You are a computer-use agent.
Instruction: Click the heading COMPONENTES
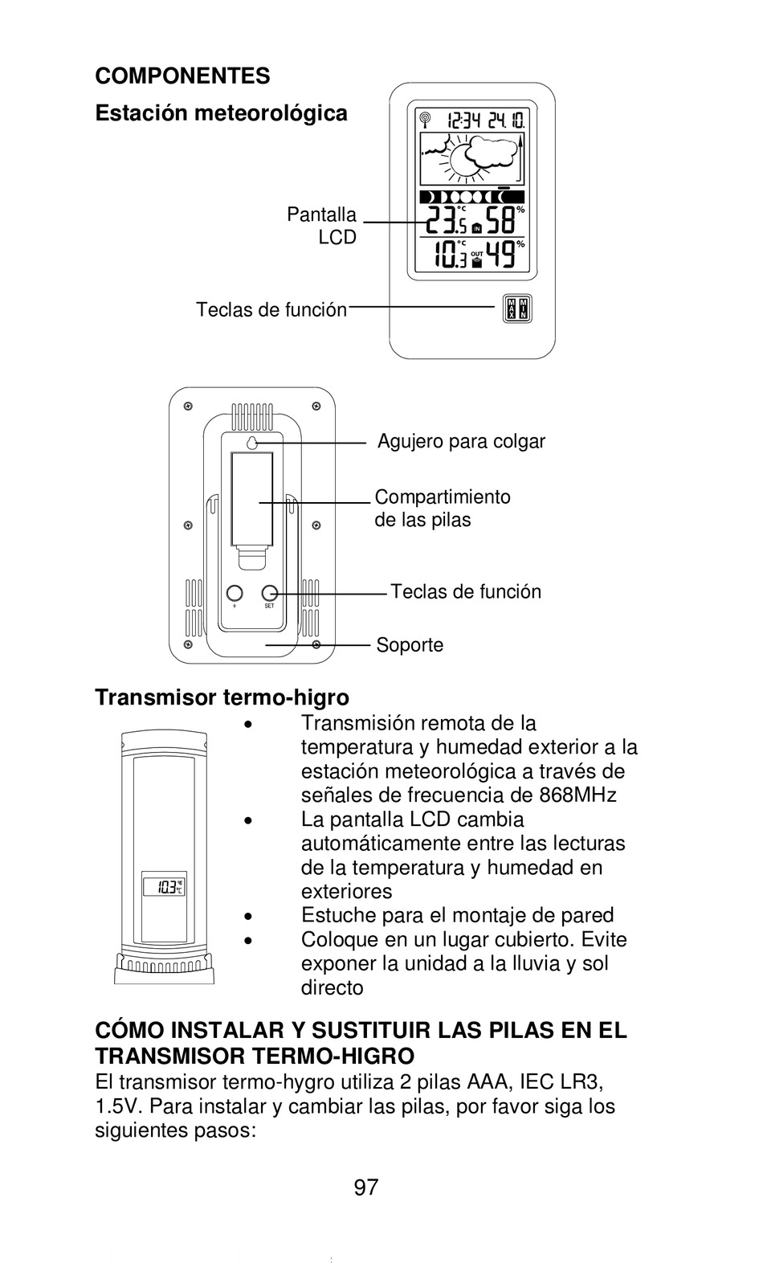[182, 76]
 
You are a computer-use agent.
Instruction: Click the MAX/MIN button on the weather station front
[516, 308]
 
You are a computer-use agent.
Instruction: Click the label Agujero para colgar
[461, 442]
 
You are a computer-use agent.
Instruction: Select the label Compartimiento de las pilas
[442, 508]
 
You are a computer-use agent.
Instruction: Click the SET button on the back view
[270, 593]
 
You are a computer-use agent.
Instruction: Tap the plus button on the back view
[234, 593]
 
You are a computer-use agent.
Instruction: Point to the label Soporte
[410, 645]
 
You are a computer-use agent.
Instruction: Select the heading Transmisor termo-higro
[222, 697]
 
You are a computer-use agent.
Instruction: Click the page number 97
[365, 1187]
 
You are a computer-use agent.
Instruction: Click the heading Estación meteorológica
[221, 113]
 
